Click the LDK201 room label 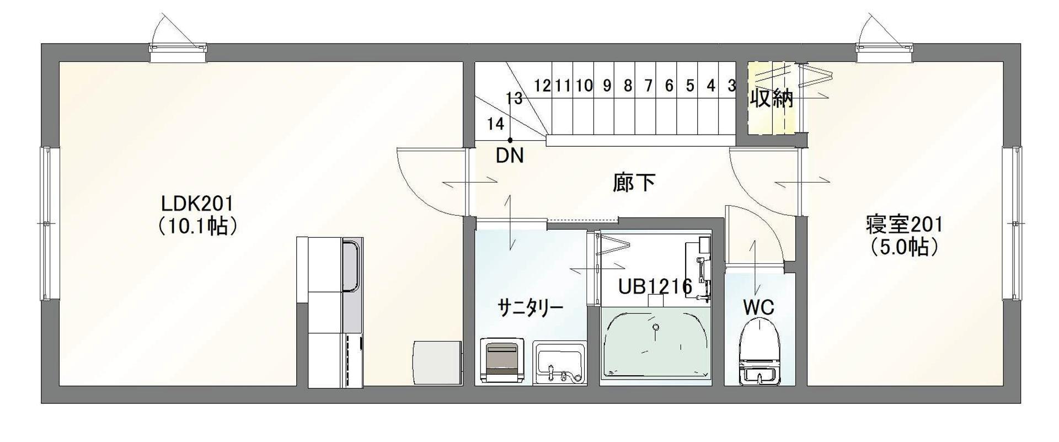tap(197, 204)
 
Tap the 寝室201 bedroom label tap(904, 225)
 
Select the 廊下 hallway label tap(634, 183)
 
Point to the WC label tap(758, 307)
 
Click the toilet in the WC tap(759, 350)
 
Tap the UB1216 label tap(655, 286)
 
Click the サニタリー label tap(531, 307)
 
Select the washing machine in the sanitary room tap(502, 360)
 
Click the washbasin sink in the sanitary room tap(559, 363)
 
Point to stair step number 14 tap(496, 124)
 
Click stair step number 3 tap(731, 86)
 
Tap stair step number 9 tap(607, 86)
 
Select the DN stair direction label tap(509, 156)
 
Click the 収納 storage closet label tap(771, 98)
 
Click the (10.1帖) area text tap(197, 226)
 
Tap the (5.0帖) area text tap(904, 247)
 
